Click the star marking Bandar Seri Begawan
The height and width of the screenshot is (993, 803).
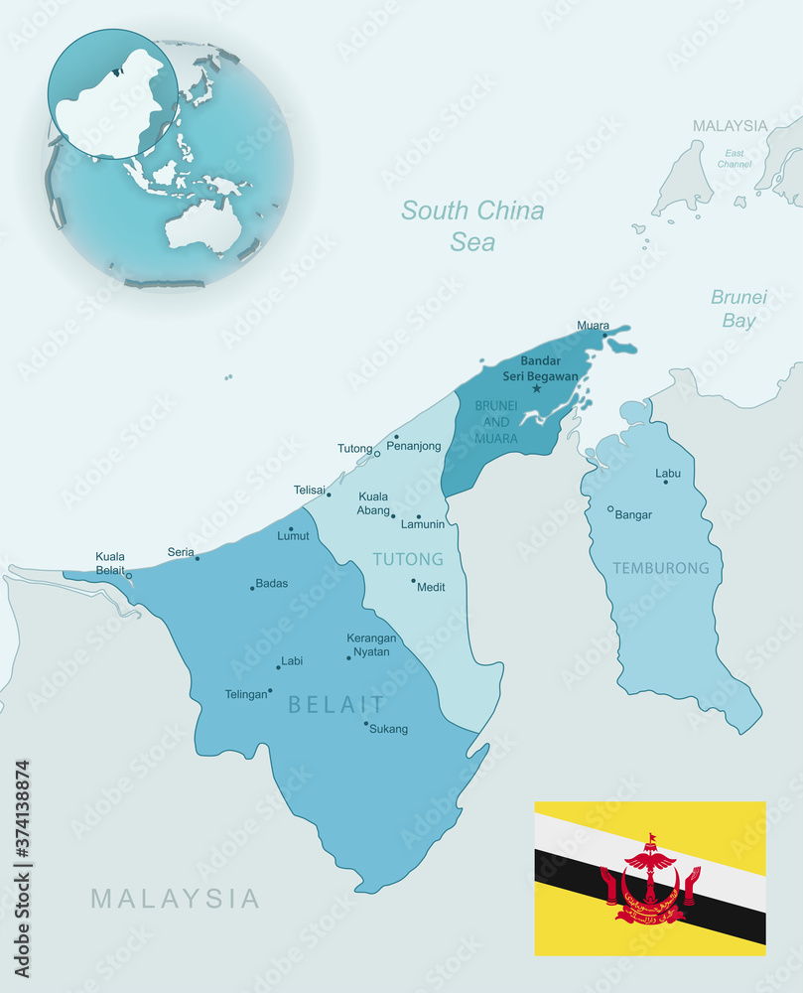click(x=537, y=388)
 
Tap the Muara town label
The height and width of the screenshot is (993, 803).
click(x=593, y=326)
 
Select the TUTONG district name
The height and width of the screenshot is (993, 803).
click(x=408, y=559)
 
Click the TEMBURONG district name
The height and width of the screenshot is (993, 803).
click(x=661, y=568)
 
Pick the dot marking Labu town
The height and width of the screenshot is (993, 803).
click(x=666, y=482)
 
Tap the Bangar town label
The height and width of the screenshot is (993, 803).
click(x=633, y=514)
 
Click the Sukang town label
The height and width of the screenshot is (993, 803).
click(x=388, y=729)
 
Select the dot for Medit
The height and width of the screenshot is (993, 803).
click(x=414, y=581)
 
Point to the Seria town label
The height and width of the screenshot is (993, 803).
click(x=181, y=552)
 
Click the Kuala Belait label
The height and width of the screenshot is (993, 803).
click(x=110, y=563)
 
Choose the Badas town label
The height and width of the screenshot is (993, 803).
click(x=272, y=584)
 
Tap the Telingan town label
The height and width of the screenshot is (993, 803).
click(x=245, y=694)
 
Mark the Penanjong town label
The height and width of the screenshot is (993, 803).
click(x=413, y=446)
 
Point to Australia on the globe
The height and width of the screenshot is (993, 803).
click(x=202, y=223)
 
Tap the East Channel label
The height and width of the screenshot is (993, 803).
click(x=735, y=158)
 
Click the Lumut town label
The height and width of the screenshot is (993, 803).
click(x=293, y=536)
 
